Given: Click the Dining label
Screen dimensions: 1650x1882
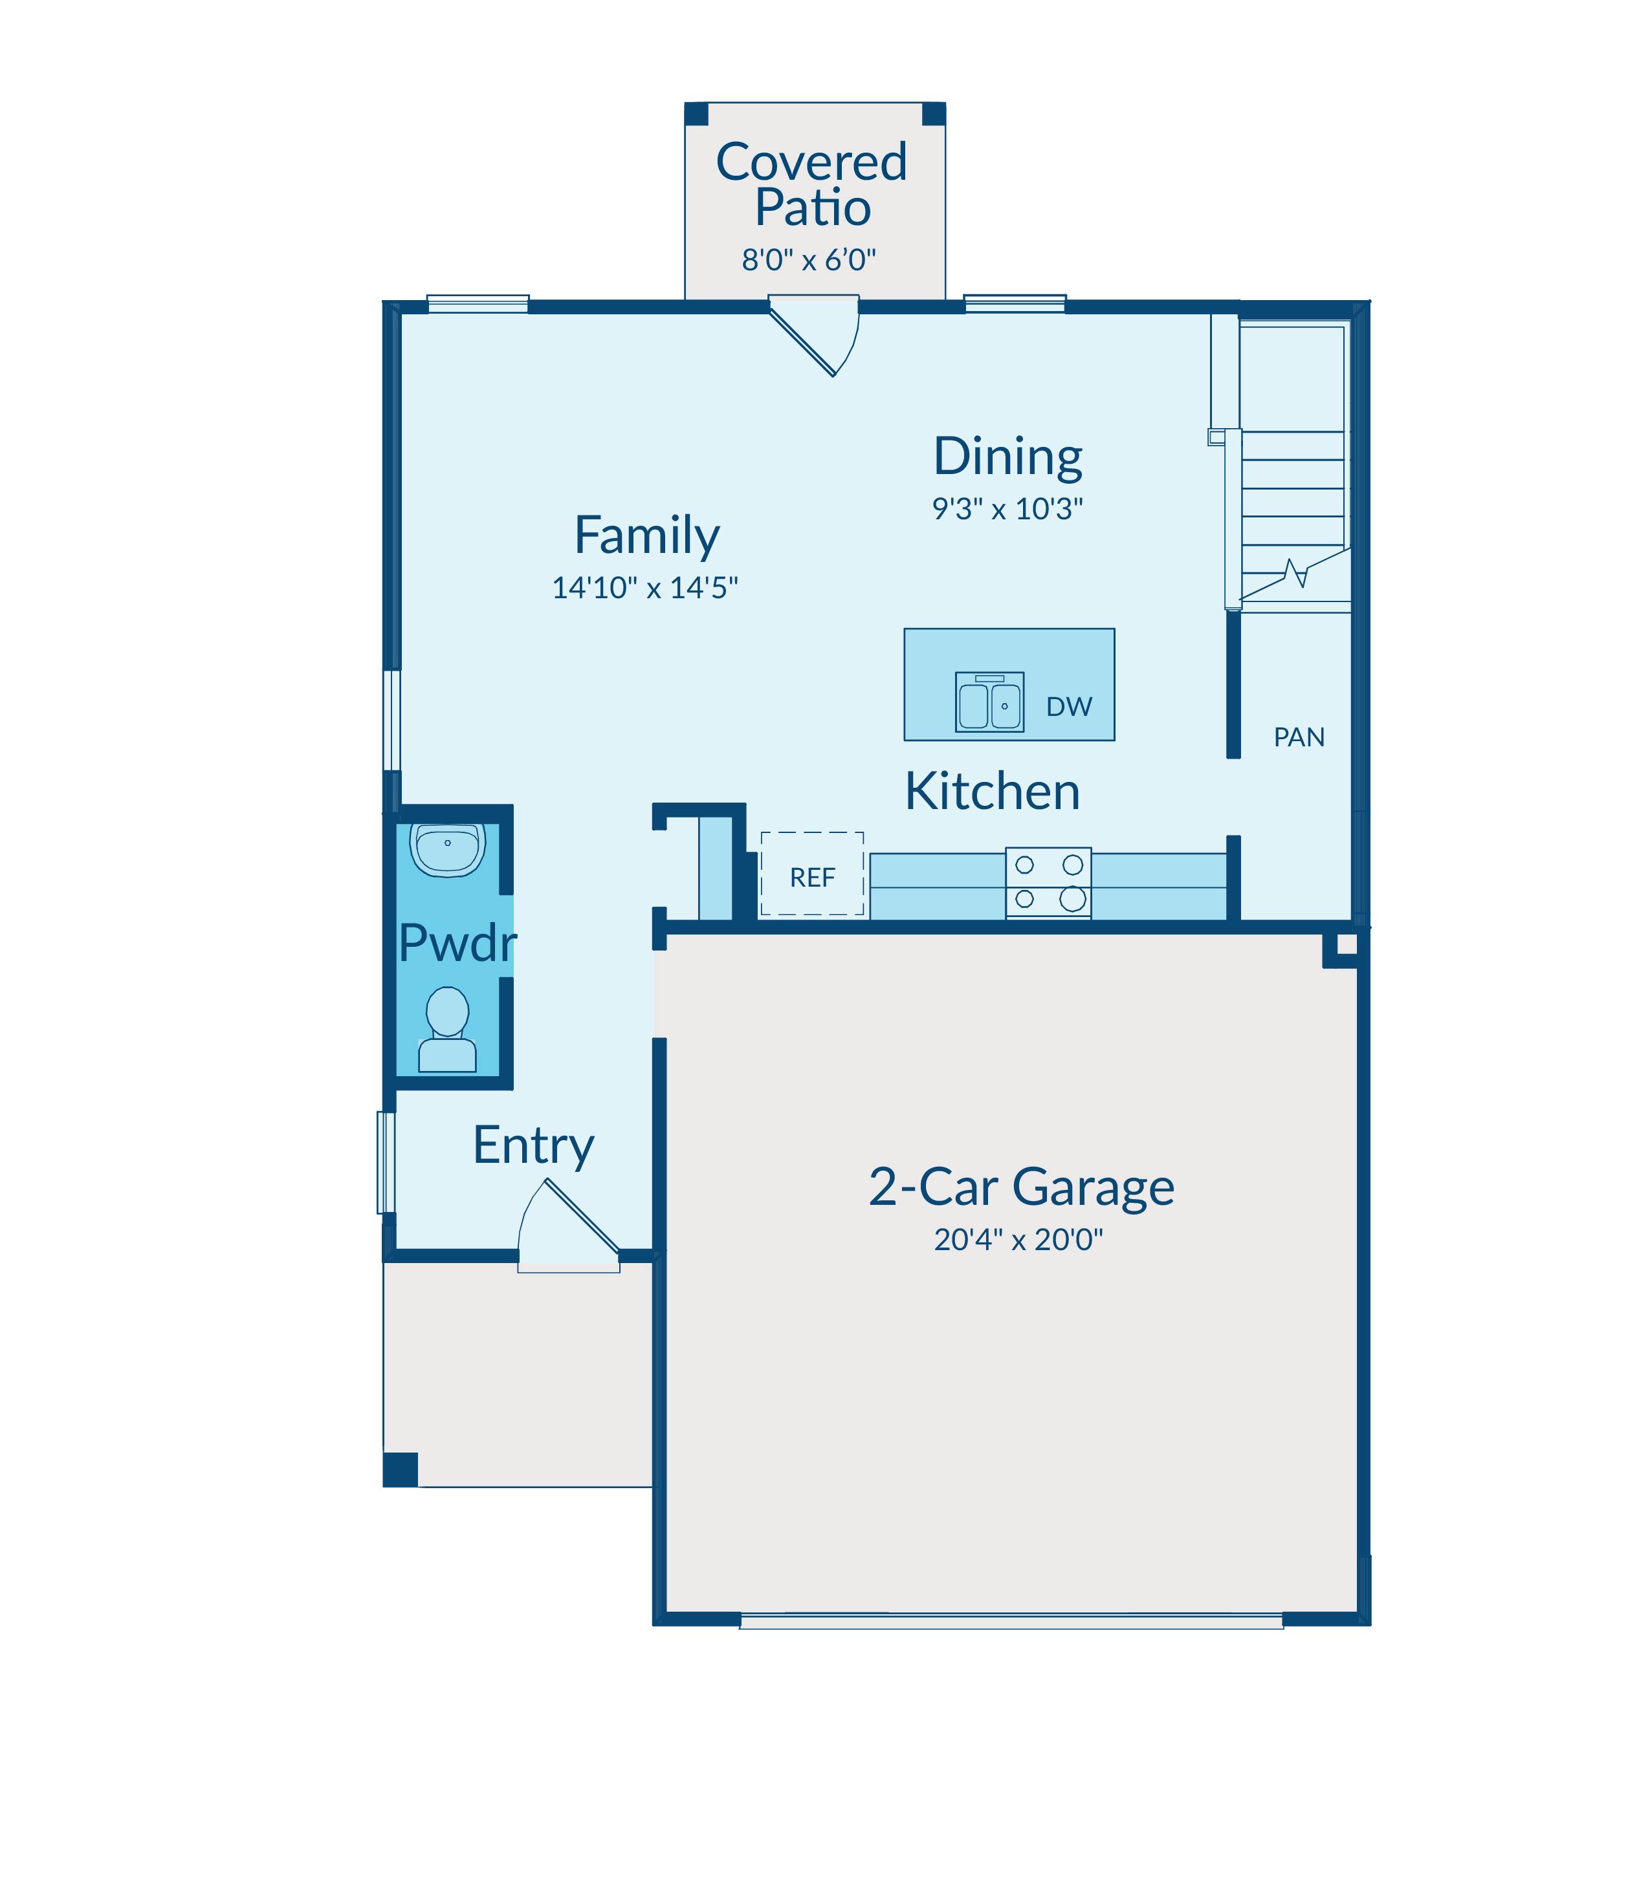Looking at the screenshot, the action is coord(1008,457).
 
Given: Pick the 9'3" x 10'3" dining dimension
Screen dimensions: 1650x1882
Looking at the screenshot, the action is coord(1007,508).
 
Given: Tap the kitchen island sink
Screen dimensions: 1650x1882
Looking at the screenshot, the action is coord(990,702).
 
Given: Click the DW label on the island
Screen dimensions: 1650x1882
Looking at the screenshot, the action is coord(1069,707).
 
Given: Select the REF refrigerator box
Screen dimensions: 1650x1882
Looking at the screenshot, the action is coord(812,873).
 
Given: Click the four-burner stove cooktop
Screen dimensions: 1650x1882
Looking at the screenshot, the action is coord(1049,883).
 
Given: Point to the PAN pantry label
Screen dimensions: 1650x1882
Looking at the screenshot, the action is coord(1299,737).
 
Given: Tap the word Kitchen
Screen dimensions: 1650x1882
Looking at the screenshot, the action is coord(993,792).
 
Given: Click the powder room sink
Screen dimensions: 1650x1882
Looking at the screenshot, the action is coord(448,849).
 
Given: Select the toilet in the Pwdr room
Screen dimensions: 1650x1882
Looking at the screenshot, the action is coord(448,1030).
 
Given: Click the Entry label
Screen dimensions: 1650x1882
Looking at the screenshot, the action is coord(533,1147).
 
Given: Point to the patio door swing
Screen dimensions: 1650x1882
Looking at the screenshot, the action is coord(815,335).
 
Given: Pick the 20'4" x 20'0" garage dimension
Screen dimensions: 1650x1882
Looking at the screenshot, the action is coord(1018,1240).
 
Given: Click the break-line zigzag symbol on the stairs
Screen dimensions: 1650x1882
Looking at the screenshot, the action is coord(1297,574).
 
